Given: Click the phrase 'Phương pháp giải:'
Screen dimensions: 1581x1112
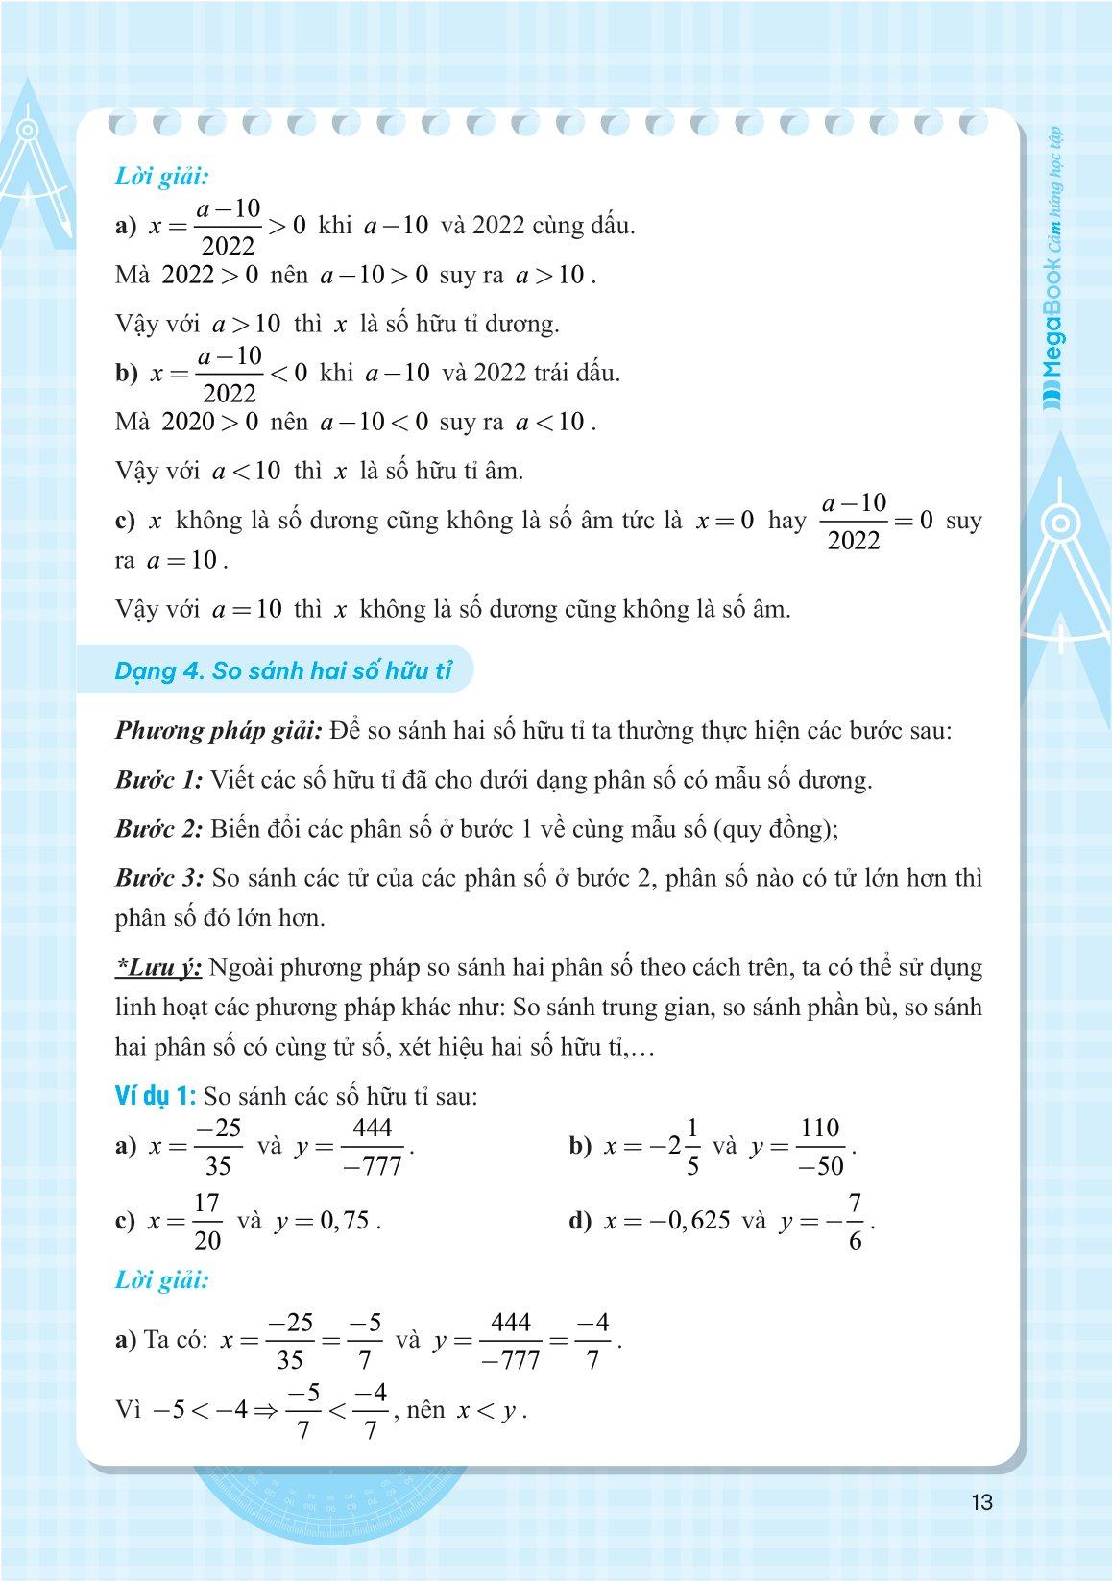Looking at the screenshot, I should [218, 730].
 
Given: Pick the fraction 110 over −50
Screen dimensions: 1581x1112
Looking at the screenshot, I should [820, 1147].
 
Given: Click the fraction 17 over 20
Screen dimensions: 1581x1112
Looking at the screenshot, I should [207, 1222].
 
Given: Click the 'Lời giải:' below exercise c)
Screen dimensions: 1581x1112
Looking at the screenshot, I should [161, 1279].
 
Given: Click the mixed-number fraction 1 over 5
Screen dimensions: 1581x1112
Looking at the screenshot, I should [693, 1147].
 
